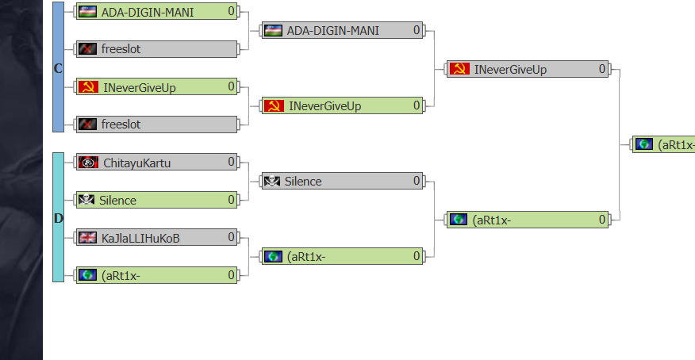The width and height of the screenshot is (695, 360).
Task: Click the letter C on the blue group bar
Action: pos(58,68)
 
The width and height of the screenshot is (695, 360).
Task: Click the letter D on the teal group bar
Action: pos(58,218)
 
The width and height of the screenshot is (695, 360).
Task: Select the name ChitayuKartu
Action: pos(136,163)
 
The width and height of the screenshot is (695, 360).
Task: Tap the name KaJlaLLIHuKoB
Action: pos(140,237)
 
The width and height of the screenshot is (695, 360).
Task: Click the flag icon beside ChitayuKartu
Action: pos(88,163)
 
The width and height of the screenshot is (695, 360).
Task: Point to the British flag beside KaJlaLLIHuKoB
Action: pos(87,237)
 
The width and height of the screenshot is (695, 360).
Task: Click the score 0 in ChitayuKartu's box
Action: pos(232,162)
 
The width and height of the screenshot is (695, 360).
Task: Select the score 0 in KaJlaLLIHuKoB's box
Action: pos(232,236)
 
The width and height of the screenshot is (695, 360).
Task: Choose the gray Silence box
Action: pos(343,181)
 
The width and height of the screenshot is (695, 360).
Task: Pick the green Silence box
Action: pos(156,200)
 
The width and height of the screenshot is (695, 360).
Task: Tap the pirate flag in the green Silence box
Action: pos(86,200)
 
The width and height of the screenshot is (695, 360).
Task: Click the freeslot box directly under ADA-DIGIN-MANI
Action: pos(156,49)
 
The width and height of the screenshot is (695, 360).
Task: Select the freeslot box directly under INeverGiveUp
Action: pos(156,124)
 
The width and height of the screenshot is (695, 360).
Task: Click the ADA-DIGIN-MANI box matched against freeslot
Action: pos(156,11)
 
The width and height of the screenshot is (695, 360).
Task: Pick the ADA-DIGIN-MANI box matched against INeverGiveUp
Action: pos(343,31)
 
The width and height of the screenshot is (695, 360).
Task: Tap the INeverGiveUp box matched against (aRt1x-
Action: pos(528,69)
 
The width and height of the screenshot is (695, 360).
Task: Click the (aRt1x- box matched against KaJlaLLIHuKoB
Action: pos(156,275)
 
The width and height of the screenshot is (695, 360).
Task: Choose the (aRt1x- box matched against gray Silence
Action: pos(343,256)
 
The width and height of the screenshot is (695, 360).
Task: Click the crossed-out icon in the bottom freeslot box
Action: pos(87,124)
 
